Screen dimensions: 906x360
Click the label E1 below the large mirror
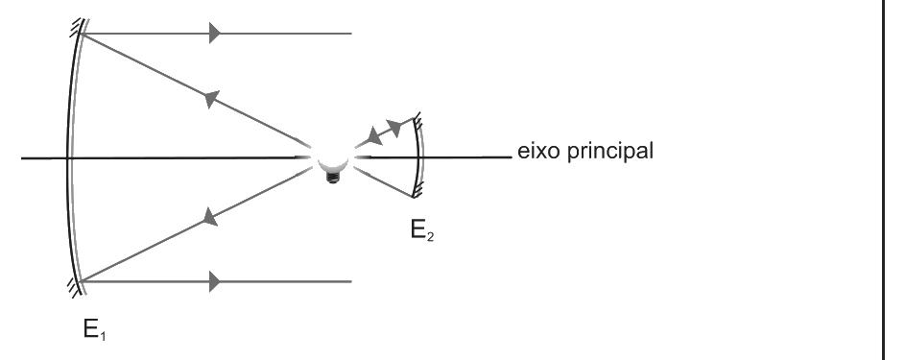95,330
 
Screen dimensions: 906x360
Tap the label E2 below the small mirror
422,230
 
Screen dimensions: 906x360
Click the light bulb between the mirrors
333,163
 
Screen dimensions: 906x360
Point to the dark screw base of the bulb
333,178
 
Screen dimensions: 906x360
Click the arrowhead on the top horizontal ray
215,33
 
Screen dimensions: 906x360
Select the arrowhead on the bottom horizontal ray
215,281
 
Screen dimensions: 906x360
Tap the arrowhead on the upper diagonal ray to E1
212,99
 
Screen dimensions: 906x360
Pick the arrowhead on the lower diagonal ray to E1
210,217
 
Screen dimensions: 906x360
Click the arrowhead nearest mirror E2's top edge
395,128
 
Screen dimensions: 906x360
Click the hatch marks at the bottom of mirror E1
75,287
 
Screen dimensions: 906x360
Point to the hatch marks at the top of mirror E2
417,119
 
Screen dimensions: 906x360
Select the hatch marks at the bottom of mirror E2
417,189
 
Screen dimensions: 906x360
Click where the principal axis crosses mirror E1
68,157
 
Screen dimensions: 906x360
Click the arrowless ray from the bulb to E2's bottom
384,182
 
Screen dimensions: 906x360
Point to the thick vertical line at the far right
885,180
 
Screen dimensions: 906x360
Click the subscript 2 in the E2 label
430,236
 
